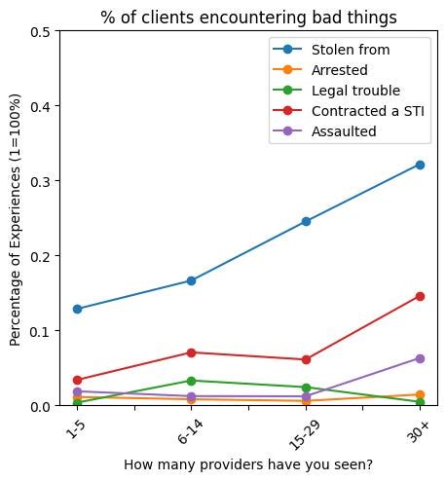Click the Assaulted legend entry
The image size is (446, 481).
pos(344,131)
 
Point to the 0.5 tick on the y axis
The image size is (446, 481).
pos(41,31)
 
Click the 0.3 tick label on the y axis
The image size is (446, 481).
pos(41,181)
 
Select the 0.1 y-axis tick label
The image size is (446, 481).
pos(41,331)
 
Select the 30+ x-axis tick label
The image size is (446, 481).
pos(419,432)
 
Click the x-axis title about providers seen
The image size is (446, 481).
pos(247,464)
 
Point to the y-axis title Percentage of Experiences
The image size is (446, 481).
pos(15,218)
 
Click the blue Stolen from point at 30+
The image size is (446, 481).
pos(420,165)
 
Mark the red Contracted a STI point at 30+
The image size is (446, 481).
pos(420,296)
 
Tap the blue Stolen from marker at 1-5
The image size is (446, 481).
pos(77,309)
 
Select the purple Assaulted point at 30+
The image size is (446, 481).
pos(420,358)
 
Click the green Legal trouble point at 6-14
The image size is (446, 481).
pos(191,381)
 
